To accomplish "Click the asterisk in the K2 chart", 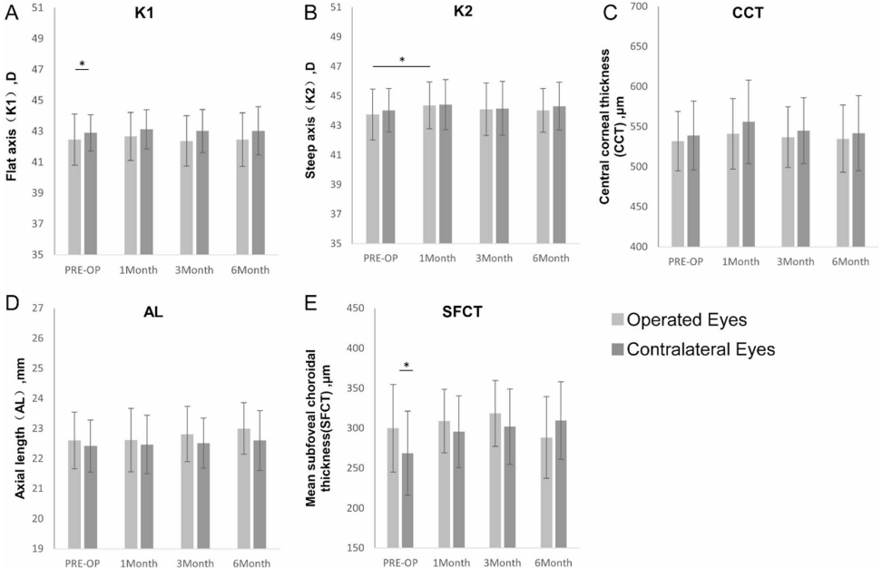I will tap(402, 60).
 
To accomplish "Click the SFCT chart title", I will tap(463, 311).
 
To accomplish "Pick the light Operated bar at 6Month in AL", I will tap(244, 488).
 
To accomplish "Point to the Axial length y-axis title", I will tap(20, 428).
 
